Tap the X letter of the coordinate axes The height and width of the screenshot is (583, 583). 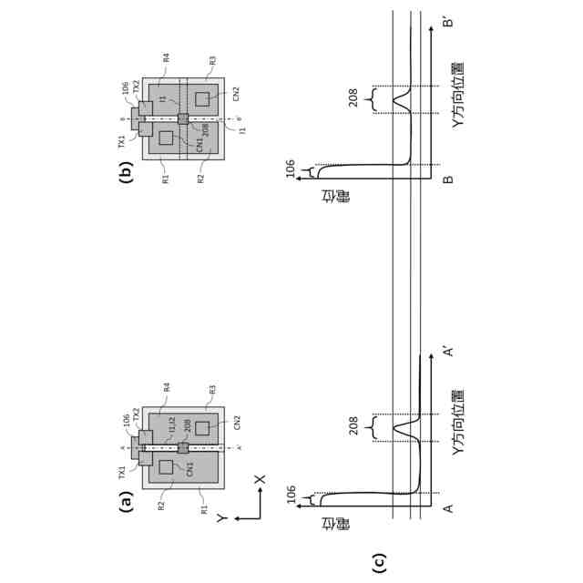(x=260, y=478)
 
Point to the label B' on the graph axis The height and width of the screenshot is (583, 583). (x=447, y=20)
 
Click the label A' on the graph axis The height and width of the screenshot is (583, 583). (x=447, y=351)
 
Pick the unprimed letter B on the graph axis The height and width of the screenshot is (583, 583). (x=447, y=179)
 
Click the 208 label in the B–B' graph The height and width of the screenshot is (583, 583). (x=353, y=99)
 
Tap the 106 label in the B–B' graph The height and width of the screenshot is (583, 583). (x=291, y=169)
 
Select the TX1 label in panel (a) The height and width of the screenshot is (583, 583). (x=120, y=471)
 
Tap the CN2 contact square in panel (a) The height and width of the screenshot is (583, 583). (x=202, y=426)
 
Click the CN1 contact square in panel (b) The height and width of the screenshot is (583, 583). (x=166, y=138)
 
